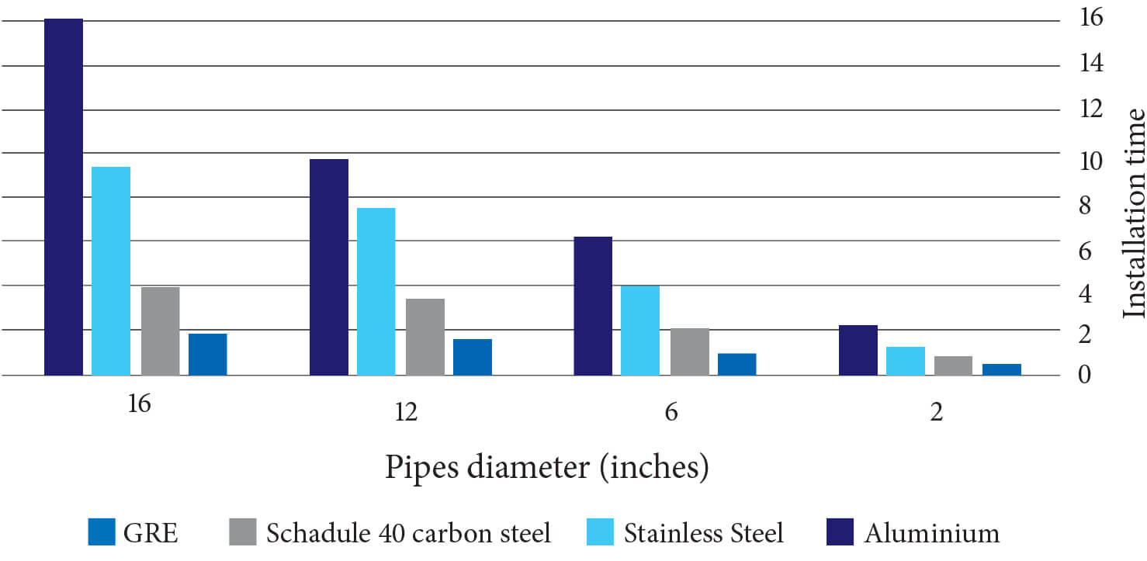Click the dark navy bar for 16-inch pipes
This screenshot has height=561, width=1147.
pyautogui.click(x=64, y=197)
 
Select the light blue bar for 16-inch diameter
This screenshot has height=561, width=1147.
pyautogui.click(x=111, y=271)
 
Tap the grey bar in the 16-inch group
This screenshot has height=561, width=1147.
pyautogui.click(x=160, y=331)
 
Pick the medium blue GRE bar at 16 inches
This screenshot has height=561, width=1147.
pyautogui.click(x=208, y=355)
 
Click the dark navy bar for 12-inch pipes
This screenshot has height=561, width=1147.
pyautogui.click(x=329, y=267)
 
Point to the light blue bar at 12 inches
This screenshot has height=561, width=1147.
pyautogui.click(x=376, y=292)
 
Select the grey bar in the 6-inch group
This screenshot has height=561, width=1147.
pyautogui.click(x=690, y=352)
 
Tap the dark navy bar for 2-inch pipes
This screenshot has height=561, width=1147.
pyautogui.click(x=858, y=350)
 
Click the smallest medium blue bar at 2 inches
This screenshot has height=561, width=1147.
pyautogui.click(x=1002, y=369)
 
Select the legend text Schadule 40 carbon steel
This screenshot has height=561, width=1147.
pyautogui.click(x=408, y=533)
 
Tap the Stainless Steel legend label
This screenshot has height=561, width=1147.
pyautogui.click(x=704, y=533)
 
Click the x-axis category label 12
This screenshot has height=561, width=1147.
pyautogui.click(x=406, y=412)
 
